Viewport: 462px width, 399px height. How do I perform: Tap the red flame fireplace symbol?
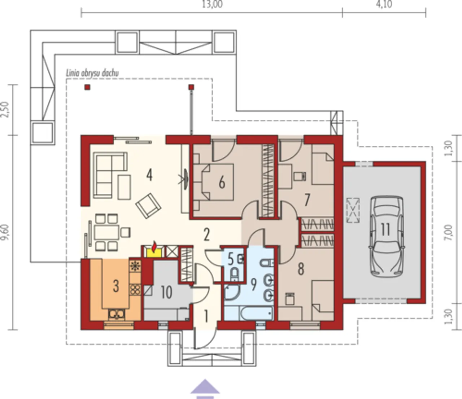tap(154, 247)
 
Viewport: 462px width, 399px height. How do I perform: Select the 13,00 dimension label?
tap(212, 4)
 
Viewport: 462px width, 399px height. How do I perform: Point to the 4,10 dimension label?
tap(384, 4)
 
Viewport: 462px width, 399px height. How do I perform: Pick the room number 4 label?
tap(149, 175)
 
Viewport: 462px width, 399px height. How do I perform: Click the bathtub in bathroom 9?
tap(256, 313)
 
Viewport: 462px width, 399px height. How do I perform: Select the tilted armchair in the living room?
tap(148, 206)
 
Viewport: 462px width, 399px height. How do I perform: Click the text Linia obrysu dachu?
tap(92, 73)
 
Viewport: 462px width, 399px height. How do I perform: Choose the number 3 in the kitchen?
tap(115, 286)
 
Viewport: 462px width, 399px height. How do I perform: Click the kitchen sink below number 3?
tap(116, 314)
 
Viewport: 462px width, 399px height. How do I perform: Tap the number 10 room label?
tap(166, 292)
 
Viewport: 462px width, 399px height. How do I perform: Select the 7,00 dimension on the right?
tap(448, 232)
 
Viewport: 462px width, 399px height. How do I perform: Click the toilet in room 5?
tap(235, 274)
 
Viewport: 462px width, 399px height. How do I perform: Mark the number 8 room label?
tap(301, 269)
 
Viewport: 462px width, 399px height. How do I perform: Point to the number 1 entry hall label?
tap(206, 316)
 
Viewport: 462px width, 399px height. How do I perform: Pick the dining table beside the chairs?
tap(106, 233)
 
